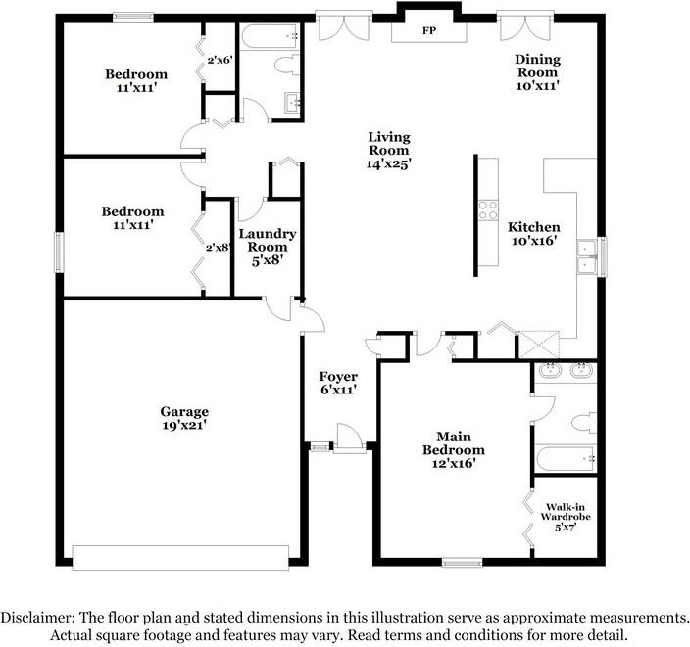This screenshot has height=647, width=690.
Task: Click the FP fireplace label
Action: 429,30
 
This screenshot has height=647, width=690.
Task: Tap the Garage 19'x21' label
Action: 184,418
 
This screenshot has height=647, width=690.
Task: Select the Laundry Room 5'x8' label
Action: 268,247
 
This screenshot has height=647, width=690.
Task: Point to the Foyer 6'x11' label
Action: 338,383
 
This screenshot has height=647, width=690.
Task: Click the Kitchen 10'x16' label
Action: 534,234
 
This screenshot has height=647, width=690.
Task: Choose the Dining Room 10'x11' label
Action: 537,72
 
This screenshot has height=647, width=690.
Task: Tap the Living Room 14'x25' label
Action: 388,151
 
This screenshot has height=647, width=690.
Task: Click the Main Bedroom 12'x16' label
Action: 453,450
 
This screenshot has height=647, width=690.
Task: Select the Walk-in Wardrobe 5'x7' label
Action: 565,518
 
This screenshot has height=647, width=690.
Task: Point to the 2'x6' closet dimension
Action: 220,60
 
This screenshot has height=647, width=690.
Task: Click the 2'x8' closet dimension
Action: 218,247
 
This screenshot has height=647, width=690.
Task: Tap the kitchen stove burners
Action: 488,210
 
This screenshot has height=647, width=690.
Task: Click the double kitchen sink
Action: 586,257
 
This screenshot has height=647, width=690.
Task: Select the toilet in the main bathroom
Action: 584,423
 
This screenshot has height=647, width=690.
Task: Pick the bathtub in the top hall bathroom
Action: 270,36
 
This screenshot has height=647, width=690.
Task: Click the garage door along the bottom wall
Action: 180,558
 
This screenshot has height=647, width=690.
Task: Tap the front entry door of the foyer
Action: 349,439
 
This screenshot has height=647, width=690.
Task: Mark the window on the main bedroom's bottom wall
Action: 462,562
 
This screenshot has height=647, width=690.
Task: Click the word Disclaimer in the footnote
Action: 37,617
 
